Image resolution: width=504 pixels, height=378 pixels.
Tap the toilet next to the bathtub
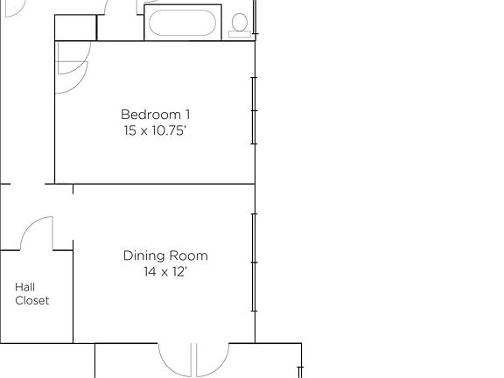(237, 27)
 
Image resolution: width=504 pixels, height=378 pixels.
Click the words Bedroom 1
(155, 115)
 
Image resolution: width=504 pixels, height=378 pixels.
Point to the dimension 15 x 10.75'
(155, 130)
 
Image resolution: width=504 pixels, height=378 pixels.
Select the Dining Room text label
(165, 255)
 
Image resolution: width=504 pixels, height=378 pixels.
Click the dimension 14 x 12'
(165, 271)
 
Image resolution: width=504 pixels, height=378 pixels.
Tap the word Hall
(24, 286)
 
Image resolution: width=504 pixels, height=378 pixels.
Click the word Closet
(31, 300)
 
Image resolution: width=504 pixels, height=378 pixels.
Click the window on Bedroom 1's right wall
(254, 112)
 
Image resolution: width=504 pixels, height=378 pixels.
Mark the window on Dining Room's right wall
(254, 262)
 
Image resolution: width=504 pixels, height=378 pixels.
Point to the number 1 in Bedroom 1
(187, 115)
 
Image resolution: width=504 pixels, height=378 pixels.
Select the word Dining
(142, 255)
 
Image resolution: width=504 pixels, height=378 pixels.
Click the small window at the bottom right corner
(300, 359)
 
